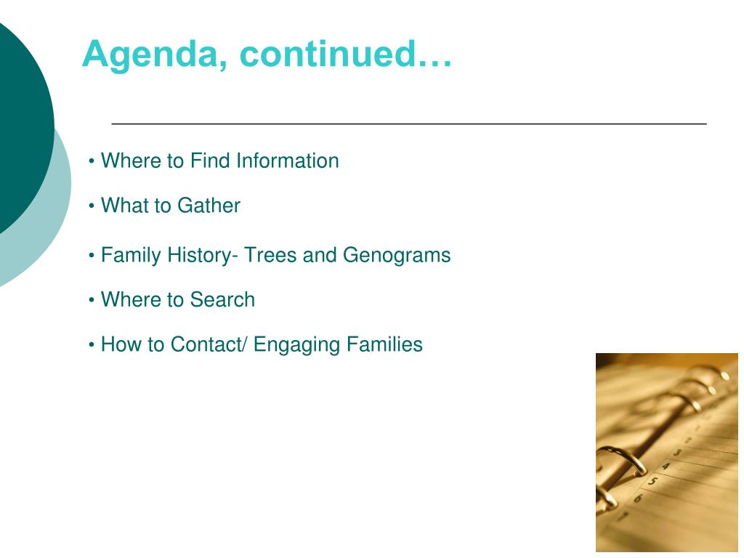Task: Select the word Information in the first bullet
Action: [288, 161]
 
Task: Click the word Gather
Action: [209, 206]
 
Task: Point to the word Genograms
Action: [397, 255]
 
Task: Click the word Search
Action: [222, 299]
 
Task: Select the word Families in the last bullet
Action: [384, 344]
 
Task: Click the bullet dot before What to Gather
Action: [92, 206]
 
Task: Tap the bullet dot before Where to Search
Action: [92, 300]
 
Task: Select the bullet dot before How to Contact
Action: [92, 345]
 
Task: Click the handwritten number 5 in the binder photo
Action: [653, 482]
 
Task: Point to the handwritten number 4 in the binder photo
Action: [666, 466]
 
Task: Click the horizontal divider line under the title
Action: [409, 124]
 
